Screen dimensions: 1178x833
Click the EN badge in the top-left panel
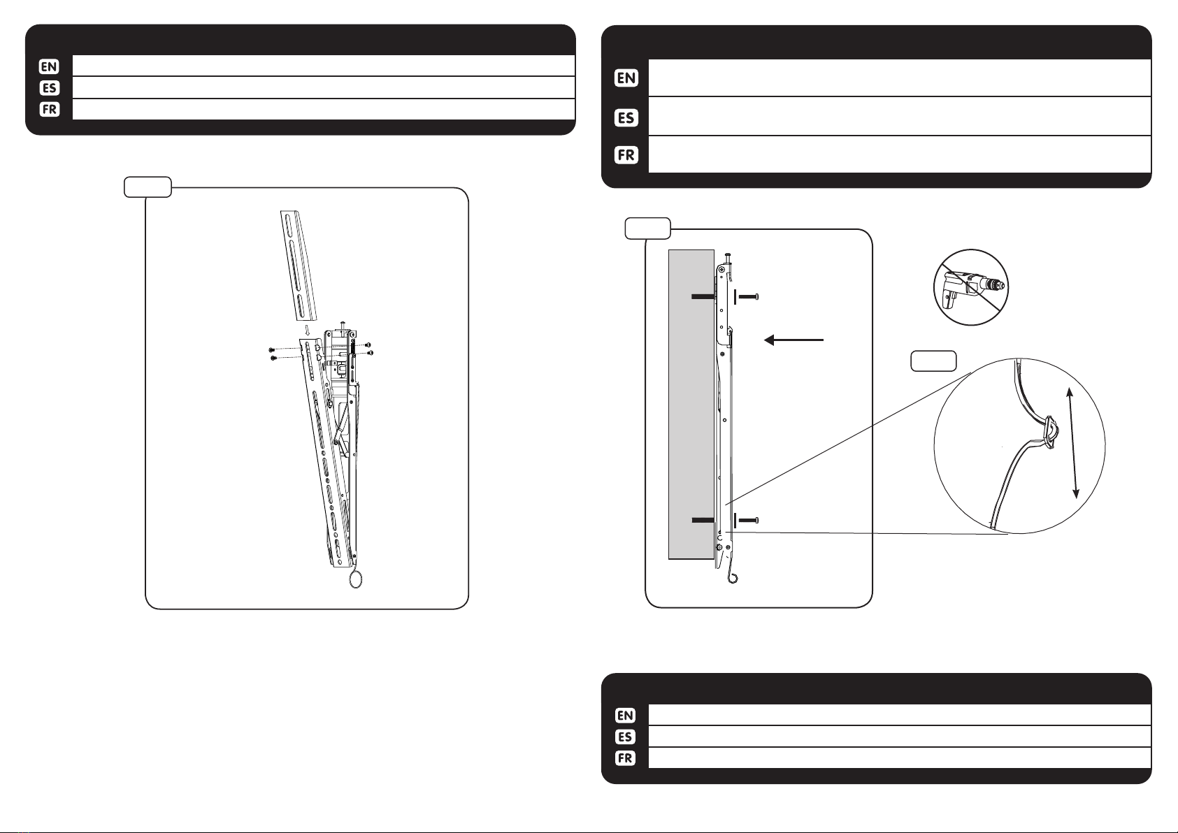coord(49,67)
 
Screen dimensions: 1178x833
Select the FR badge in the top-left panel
coord(50,109)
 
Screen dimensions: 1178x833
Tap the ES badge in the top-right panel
coord(626,117)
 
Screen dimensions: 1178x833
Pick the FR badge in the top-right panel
coord(626,155)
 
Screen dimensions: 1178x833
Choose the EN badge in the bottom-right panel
coord(625,716)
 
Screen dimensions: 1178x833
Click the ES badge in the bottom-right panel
coord(625,737)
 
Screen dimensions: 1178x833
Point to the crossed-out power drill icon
coord(971,287)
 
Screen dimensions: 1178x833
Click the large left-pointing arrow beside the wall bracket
coord(793,340)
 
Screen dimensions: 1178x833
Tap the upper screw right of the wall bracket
coord(748,297)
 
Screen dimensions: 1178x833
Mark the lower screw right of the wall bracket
coord(748,521)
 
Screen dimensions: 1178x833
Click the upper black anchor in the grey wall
coord(703,297)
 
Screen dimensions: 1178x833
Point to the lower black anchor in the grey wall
coord(703,521)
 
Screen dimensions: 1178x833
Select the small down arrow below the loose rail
coord(307,331)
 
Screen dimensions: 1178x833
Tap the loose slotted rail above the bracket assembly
coord(299,266)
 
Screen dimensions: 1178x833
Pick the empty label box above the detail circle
coord(933,361)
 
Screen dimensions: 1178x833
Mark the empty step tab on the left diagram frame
coord(148,187)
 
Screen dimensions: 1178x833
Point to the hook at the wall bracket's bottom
coord(732,577)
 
